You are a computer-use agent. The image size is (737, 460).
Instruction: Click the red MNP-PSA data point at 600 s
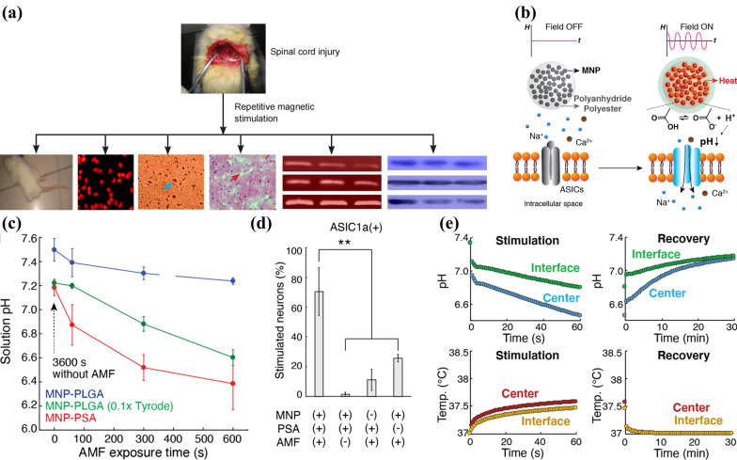[x=232, y=384]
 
